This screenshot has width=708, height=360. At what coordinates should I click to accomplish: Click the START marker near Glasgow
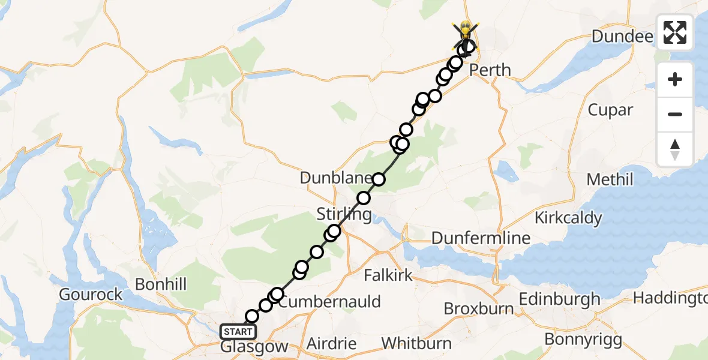pos(239,331)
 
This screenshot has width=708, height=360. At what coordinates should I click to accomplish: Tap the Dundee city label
pos(622,37)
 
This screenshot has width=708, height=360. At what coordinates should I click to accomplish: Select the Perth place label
pos(490,70)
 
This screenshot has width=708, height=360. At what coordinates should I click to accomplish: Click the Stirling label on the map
pos(344,214)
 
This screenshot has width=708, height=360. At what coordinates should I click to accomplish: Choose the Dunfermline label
pos(481,238)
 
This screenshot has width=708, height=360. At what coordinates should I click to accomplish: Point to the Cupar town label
pos(610,110)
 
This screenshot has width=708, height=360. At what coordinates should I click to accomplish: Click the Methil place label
pos(610,179)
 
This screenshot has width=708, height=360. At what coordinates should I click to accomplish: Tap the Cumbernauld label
pos(330,301)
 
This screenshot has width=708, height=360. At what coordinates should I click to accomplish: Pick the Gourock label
pos(91,295)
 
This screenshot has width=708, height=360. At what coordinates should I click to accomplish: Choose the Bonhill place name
pos(161,284)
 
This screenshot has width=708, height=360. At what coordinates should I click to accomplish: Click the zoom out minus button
pos(675,114)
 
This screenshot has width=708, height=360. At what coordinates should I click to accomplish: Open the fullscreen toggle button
pos(675,32)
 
